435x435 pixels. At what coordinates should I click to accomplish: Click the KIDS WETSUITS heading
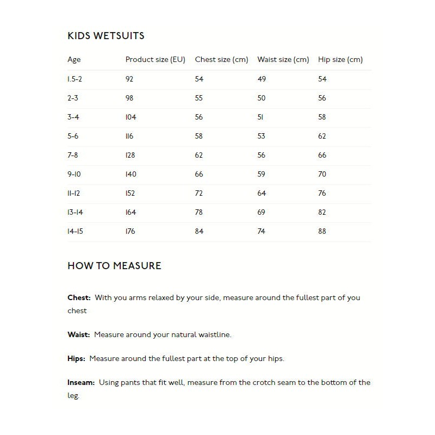(105, 36)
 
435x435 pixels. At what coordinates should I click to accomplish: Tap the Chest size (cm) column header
(221, 60)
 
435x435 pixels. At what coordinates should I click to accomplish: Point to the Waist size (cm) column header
(283, 60)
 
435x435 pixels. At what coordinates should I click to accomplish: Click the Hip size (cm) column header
(340, 60)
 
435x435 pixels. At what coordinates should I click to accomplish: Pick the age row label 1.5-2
(74, 79)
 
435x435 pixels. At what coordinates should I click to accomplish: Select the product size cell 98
(129, 98)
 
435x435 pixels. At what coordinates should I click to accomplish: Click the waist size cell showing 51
(260, 117)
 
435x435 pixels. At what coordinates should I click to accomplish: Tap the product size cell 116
(129, 136)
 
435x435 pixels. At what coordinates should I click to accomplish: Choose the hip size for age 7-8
(322, 155)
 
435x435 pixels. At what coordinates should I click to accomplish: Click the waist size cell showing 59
(262, 174)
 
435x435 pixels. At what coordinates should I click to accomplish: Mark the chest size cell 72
(198, 193)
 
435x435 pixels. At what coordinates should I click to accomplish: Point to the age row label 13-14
(75, 212)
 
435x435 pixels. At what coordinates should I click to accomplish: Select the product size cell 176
(130, 231)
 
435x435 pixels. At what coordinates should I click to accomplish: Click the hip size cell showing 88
(322, 231)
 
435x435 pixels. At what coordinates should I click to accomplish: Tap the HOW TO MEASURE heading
(114, 266)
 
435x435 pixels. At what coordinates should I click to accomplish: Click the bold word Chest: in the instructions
(79, 297)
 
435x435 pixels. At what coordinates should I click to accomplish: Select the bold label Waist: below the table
(78, 334)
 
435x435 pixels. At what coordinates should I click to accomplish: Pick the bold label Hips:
(76, 358)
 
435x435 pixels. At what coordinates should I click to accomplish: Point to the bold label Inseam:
(81, 382)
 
